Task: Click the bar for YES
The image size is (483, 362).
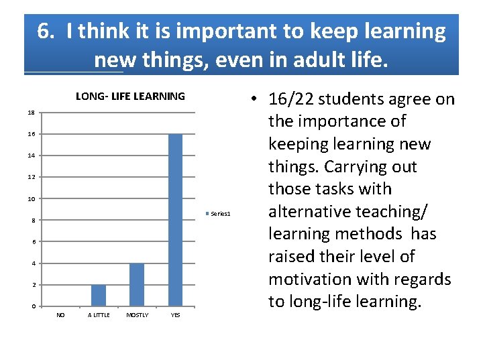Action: pos(175,220)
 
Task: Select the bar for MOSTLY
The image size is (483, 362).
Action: pos(137,284)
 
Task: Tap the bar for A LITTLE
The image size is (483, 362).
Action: pos(99,295)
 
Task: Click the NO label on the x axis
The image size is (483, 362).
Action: pos(60,315)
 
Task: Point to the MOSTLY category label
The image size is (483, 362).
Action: pos(137,315)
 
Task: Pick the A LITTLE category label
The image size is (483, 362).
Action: pos(99,315)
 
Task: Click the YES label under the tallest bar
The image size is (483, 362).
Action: pos(175,315)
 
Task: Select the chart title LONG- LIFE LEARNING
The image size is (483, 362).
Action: pos(130,97)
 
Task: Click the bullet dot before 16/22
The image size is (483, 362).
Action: pos(258,100)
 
